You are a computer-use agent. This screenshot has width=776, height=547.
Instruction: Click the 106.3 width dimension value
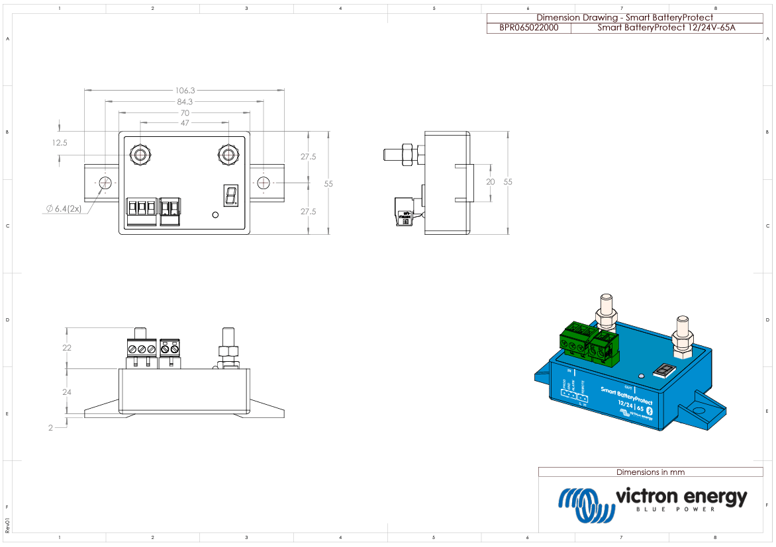tap(185, 90)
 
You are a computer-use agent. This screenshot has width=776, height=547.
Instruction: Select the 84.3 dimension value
tap(185, 102)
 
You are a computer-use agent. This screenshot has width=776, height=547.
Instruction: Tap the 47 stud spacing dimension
tap(185, 123)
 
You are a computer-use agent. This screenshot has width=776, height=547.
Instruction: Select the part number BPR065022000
tap(528, 28)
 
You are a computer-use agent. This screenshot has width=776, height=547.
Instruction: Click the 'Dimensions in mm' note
tap(650, 472)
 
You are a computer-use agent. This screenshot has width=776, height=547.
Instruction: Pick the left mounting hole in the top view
tap(105, 183)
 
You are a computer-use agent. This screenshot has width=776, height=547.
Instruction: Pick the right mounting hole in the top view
tap(264, 183)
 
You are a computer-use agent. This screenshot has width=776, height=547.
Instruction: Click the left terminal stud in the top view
tap(140, 155)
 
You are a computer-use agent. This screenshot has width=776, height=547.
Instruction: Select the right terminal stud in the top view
tap(228, 155)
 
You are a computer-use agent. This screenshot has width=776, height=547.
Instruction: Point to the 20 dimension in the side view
tap(490, 181)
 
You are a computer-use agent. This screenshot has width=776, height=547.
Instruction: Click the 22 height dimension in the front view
tap(66, 348)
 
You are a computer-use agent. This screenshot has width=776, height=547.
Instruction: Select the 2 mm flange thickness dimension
tap(50, 428)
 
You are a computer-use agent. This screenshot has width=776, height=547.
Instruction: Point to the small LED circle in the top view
tap(215, 214)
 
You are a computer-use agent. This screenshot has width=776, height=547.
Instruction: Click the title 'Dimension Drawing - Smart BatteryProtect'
tap(624, 17)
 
